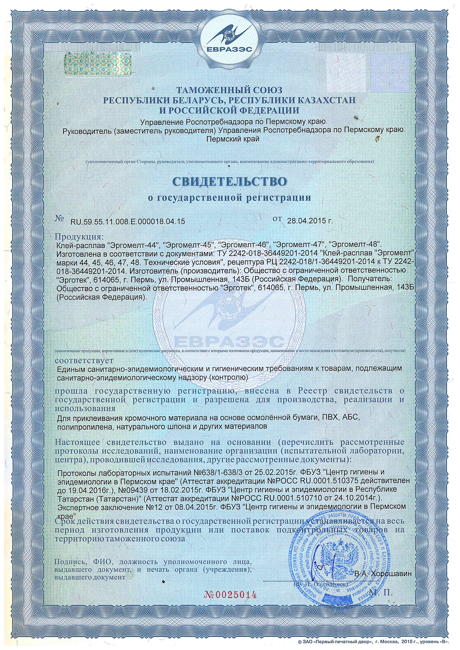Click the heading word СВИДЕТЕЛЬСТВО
230,182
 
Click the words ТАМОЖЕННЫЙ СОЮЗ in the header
230,91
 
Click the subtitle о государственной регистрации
230,198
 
